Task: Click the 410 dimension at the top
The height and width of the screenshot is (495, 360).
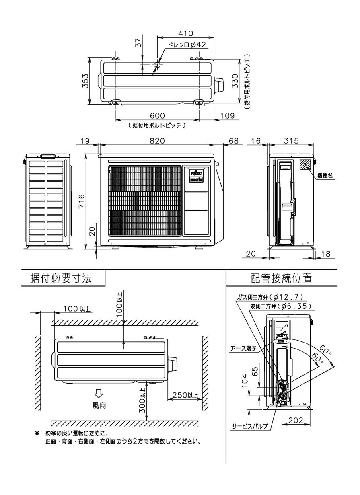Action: tap(185, 33)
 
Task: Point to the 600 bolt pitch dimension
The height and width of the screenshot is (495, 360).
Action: tap(157, 116)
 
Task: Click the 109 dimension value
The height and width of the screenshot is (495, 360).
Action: tap(227, 116)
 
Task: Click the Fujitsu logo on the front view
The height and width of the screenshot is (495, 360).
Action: tap(196, 171)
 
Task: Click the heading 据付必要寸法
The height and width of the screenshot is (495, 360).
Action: tap(61, 278)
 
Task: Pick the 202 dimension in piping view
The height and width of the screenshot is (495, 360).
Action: tap(296, 420)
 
